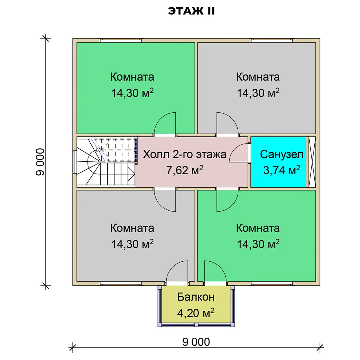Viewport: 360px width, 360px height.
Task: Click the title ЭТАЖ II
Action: pyautogui.click(x=192, y=11)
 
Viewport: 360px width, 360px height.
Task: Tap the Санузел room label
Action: pyautogui.click(x=282, y=154)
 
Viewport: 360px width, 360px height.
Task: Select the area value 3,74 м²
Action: pyautogui.click(x=282, y=170)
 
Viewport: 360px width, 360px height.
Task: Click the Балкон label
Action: pyautogui.click(x=196, y=297)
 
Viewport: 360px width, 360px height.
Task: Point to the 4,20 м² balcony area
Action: pyautogui.click(x=196, y=313)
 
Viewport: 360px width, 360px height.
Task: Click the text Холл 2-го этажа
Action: pyautogui.click(x=185, y=154)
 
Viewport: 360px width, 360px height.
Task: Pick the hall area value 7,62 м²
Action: pyautogui.click(x=185, y=170)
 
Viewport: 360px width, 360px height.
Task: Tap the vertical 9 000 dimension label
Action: pyautogui.click(x=40, y=162)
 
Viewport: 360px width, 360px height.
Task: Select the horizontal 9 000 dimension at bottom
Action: pyautogui.click(x=196, y=342)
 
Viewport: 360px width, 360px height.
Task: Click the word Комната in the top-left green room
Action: pyautogui.click(x=132, y=77)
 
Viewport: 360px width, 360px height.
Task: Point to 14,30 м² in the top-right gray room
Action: pyautogui.click(x=258, y=93)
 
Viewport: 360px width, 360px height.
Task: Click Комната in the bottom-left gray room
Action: pyautogui.click(x=132, y=228)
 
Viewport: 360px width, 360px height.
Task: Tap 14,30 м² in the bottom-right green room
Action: pyautogui.click(x=258, y=244)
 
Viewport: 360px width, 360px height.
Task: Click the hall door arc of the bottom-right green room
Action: pyautogui.click(x=232, y=205)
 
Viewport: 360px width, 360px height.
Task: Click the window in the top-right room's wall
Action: pyautogui.click(x=271, y=41)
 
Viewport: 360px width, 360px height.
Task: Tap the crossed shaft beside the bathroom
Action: pyautogui.click(x=311, y=162)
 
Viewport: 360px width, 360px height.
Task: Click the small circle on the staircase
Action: pyautogui.click(x=98, y=150)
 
